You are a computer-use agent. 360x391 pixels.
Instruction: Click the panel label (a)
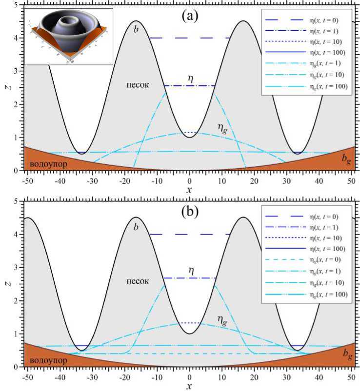pyautogui.click(x=189, y=16)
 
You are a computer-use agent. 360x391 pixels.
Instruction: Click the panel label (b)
pyautogui.click(x=189, y=213)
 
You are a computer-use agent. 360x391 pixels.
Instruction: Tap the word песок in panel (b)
pyautogui.click(x=135, y=282)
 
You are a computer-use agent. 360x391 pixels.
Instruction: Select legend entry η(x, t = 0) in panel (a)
pyautogui.click(x=324, y=20)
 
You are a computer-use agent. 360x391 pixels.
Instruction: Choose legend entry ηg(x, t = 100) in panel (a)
pyautogui.click(x=327, y=86)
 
